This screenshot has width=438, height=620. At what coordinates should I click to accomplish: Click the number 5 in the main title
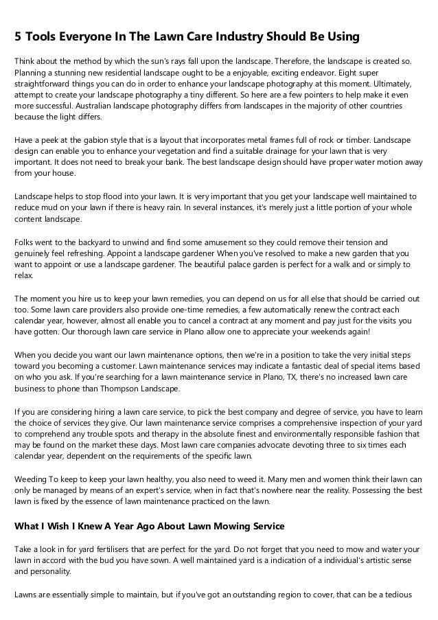click(x=19, y=35)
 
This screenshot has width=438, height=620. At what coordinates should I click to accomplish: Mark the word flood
click(x=100, y=196)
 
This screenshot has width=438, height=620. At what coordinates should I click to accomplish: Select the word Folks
click(x=26, y=242)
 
